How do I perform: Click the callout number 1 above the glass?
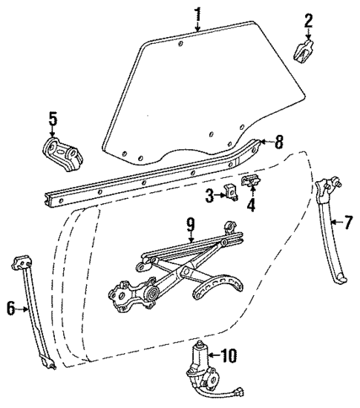click(x=197, y=13)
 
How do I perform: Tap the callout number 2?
click(x=309, y=21)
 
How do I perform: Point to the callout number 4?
click(x=250, y=205)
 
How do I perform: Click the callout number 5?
click(x=52, y=119)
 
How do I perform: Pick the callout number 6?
click(x=11, y=309)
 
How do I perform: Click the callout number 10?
click(x=229, y=356)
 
